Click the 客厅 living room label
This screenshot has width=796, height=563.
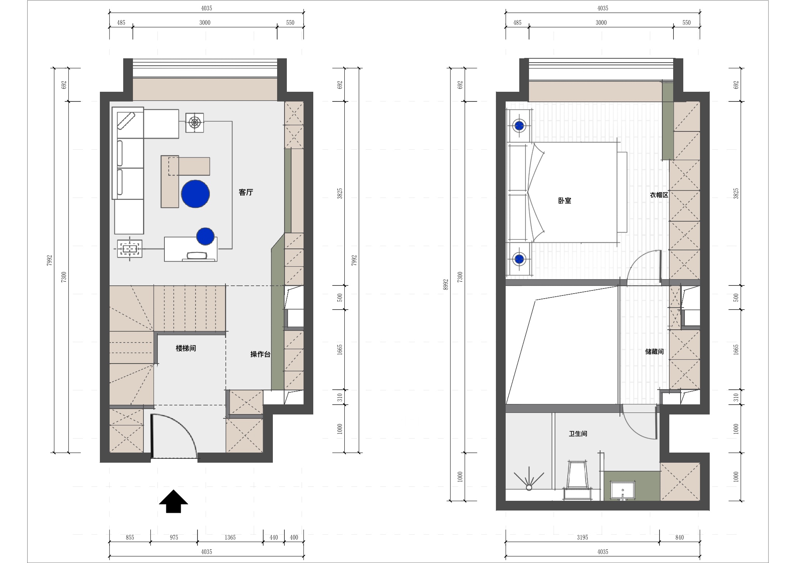tap(246, 192)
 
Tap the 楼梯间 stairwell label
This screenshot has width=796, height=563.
tap(186, 348)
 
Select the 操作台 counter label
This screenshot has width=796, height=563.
tap(260, 354)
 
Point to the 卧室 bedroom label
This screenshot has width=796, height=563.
tap(564, 201)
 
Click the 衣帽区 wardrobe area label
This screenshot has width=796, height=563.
tap(659, 195)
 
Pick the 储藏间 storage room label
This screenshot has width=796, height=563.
tap(655, 351)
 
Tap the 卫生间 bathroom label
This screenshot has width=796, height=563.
tap(578, 434)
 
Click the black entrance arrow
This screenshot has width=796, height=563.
tap(173, 501)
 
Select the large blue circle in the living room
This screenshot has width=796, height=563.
tap(196, 194)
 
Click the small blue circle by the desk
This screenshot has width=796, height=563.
tap(205, 236)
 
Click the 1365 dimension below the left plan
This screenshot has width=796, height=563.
tap(230, 537)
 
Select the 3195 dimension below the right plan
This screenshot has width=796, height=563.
tap(582, 537)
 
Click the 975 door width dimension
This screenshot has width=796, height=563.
tap(174, 537)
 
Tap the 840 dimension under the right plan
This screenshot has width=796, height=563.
tap(679, 537)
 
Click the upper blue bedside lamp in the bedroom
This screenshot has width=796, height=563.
tap(519, 126)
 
